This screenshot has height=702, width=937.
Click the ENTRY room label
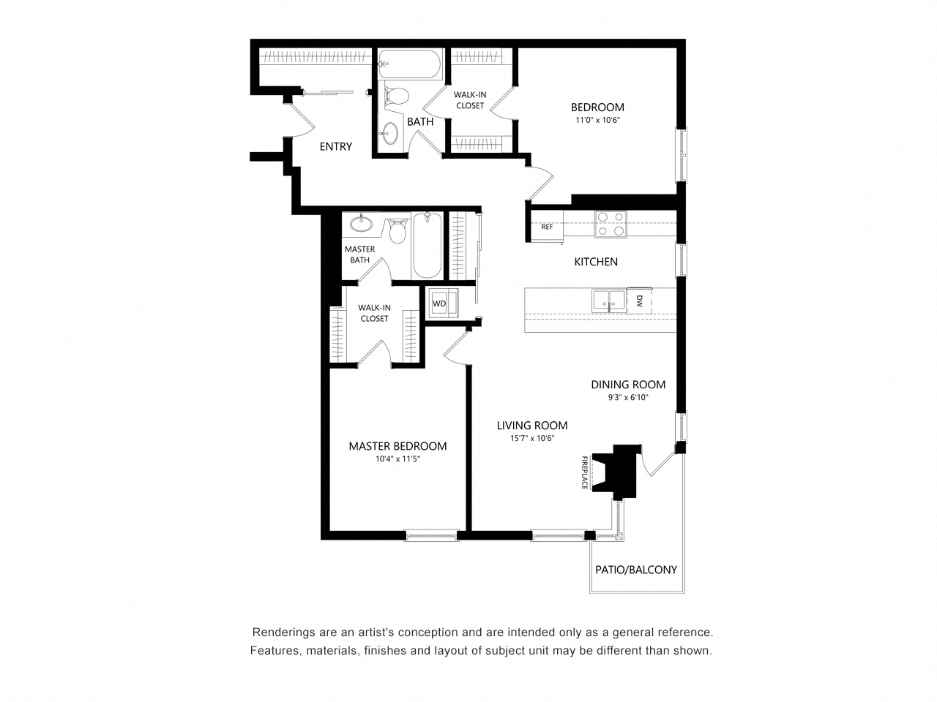(336, 146)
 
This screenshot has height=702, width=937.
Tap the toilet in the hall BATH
(396, 96)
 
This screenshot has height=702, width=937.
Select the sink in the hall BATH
(390, 133)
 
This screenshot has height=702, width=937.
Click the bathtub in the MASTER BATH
(427, 245)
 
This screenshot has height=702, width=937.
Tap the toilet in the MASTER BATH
(398, 231)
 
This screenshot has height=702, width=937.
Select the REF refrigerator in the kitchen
(546, 226)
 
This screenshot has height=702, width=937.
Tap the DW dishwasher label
(639, 300)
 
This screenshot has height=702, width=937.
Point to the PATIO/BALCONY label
(635, 570)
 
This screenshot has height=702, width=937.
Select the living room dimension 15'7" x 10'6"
(531, 438)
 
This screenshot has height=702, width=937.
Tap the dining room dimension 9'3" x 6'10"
(628, 397)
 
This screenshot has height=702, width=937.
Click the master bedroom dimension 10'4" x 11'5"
(397, 459)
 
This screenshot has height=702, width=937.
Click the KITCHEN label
(595, 262)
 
